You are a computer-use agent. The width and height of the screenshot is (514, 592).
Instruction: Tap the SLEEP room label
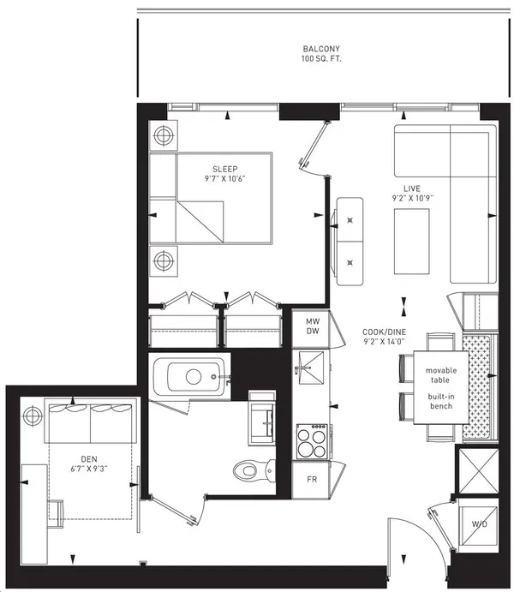pyautogui.click(x=225, y=169)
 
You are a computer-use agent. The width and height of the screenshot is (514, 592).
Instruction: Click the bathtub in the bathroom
pyautogui.click(x=188, y=375)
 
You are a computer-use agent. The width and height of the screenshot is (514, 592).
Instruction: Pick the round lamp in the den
pyautogui.click(x=33, y=416)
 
